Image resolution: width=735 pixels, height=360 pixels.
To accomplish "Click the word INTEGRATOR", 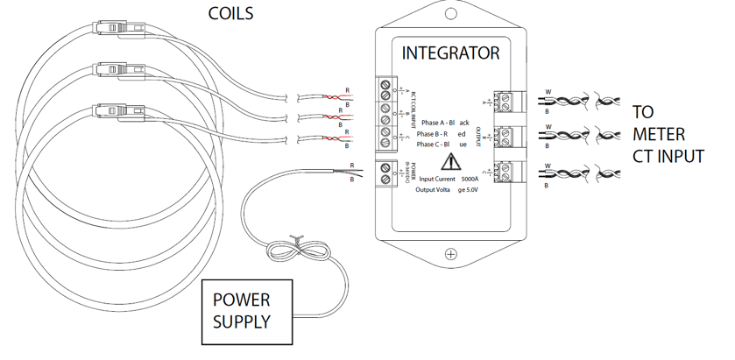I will click(x=450, y=53).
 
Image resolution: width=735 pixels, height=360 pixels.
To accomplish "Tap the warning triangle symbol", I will click(x=450, y=161).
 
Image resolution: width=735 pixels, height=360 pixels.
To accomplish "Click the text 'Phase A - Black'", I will click(x=445, y=123).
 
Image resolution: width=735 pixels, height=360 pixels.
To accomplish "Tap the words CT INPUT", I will click(x=668, y=157).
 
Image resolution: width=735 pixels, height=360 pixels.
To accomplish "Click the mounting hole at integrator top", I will click(x=451, y=15).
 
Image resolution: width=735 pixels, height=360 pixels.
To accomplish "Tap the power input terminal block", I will click(x=385, y=173).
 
